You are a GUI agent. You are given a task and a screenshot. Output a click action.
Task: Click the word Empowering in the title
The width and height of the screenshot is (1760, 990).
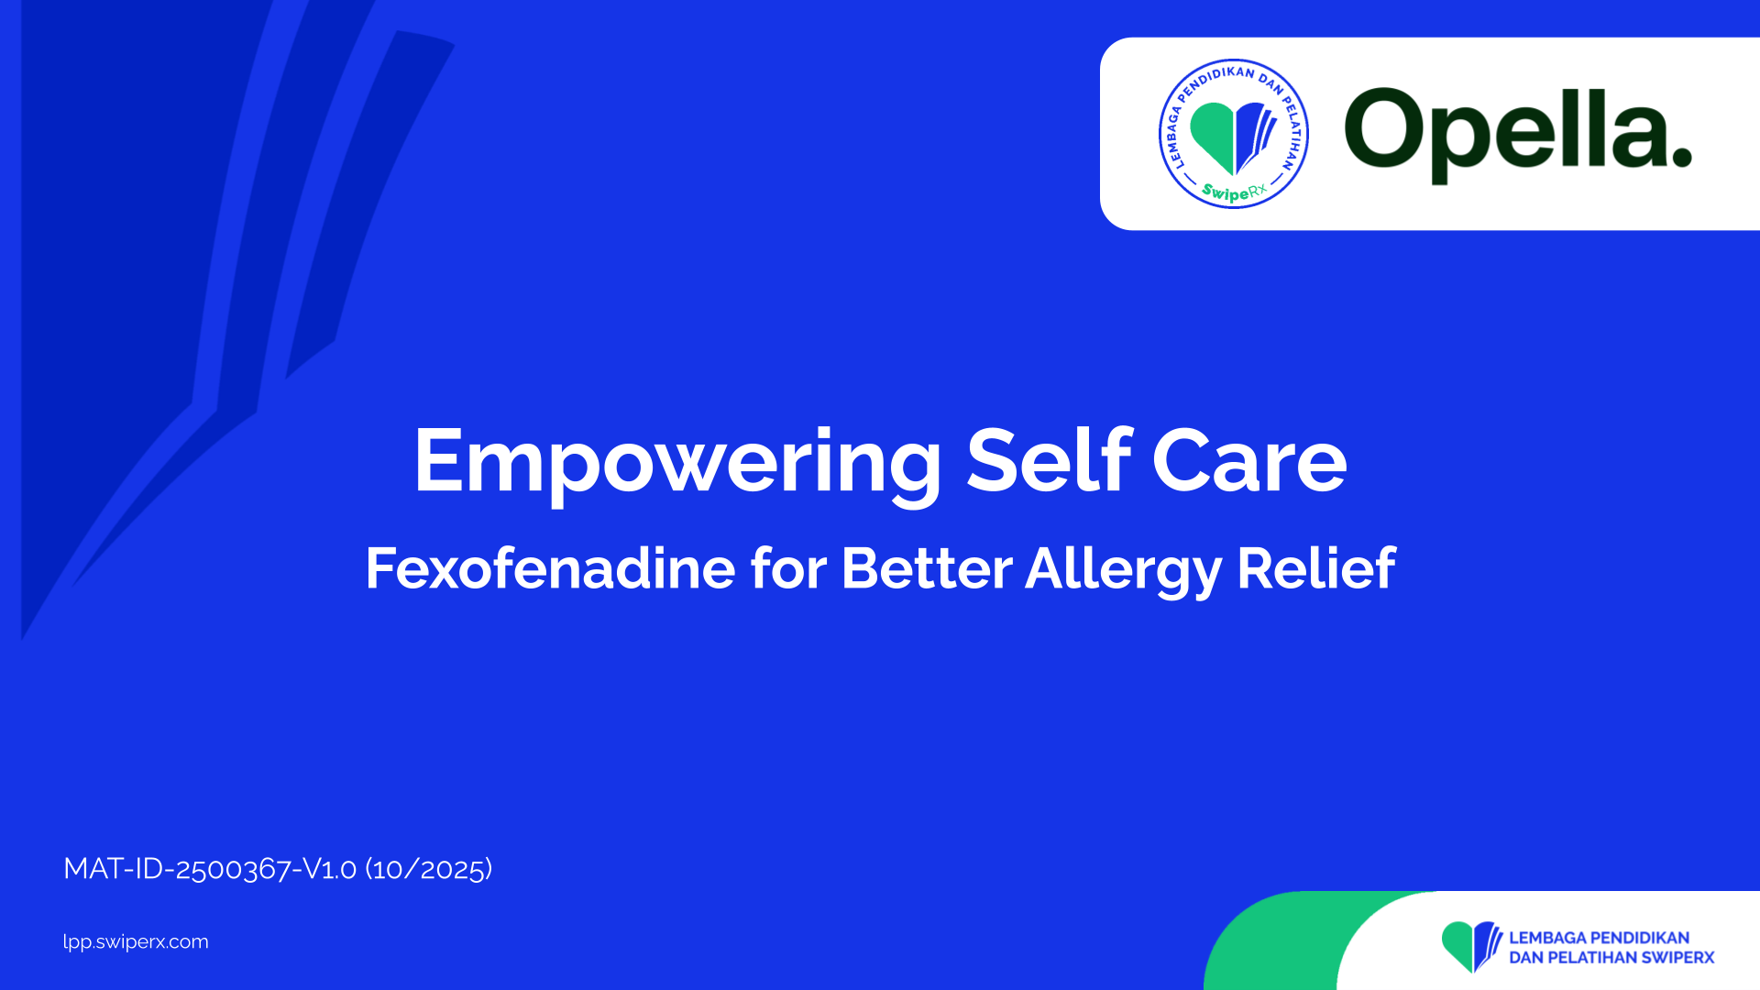pyautogui.click(x=677, y=464)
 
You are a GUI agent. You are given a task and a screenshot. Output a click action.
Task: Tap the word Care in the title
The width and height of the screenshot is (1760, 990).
pyautogui.click(x=1249, y=460)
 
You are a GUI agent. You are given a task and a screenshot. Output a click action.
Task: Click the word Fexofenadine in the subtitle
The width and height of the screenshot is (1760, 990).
pyautogui.click(x=550, y=567)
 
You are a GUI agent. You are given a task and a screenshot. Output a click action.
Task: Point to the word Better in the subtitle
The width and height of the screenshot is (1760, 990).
pyautogui.click(x=927, y=567)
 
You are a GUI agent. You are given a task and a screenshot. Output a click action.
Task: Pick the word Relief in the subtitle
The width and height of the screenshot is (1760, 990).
pyautogui.click(x=1316, y=567)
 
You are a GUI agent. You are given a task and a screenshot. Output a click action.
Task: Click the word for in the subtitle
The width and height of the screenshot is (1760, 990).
pyautogui.click(x=788, y=567)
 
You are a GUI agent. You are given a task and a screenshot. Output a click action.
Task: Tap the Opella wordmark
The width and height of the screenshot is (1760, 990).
pyautogui.click(x=1518, y=135)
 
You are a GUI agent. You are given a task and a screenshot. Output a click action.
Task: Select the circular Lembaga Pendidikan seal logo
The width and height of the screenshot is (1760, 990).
pyautogui.click(x=1234, y=134)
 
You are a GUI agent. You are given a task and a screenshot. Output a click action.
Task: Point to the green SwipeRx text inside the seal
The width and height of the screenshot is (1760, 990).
pyautogui.click(x=1234, y=192)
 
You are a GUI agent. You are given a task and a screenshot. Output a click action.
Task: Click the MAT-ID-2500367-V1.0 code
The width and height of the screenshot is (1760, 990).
pyautogui.click(x=210, y=868)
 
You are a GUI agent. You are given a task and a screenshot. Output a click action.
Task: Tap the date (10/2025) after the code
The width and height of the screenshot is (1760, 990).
pyautogui.click(x=429, y=868)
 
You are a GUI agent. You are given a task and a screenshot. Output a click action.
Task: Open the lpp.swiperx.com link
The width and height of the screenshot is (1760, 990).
pyautogui.click(x=136, y=942)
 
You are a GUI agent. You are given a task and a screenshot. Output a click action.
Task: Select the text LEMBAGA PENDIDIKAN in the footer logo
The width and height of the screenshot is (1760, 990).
pyautogui.click(x=1600, y=938)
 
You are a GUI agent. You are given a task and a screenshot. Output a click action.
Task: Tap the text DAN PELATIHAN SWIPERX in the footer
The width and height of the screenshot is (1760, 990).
pyautogui.click(x=1611, y=958)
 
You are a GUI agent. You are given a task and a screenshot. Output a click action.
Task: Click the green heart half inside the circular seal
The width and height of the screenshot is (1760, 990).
pyautogui.click(x=1212, y=135)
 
